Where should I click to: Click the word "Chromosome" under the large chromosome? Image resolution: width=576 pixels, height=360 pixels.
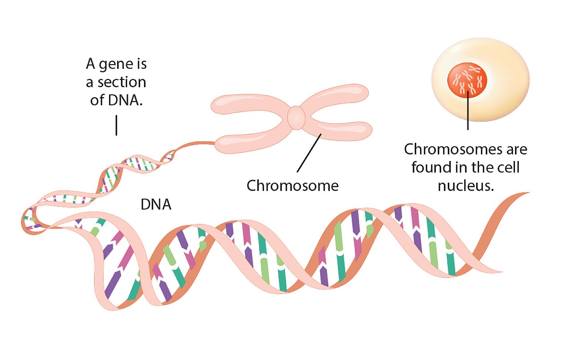tap(293, 186)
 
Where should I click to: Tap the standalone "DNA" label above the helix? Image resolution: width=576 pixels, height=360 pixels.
tap(156, 204)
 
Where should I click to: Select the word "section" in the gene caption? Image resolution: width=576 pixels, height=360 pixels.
tap(122, 82)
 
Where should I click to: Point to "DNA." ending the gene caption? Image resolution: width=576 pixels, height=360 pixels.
tap(125, 100)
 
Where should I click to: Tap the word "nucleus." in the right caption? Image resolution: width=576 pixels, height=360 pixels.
tap(466, 186)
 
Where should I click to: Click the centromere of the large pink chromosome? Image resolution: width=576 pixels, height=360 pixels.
tap(296, 118)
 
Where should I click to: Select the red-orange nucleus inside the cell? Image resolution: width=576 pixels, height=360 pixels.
tap(467, 80)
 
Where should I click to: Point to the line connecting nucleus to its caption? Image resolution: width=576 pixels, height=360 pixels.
tap(468, 111)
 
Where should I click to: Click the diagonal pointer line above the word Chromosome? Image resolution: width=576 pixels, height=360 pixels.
tap(309, 153)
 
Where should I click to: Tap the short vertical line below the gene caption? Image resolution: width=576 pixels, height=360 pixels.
tap(116, 125)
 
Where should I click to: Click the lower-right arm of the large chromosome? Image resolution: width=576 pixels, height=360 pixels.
tap(339, 130)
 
